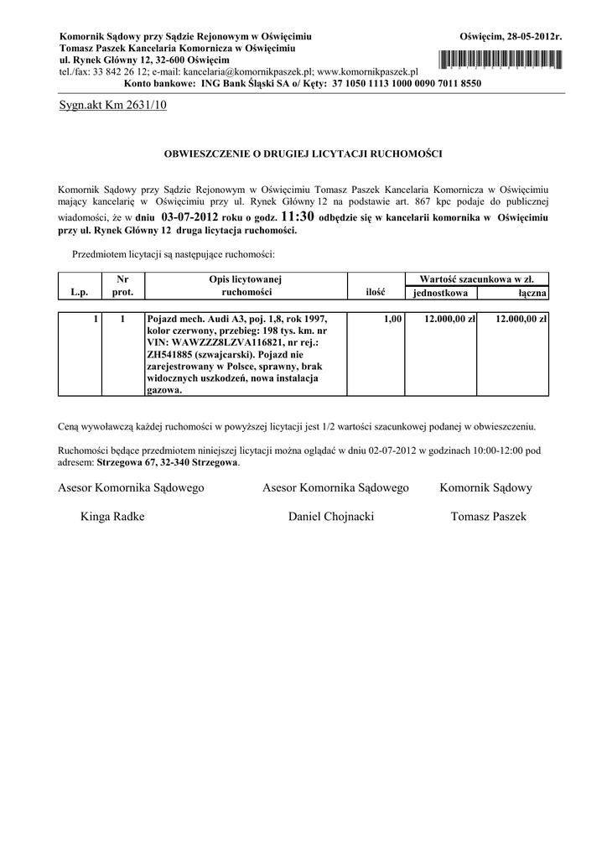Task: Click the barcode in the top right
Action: coord(499,59)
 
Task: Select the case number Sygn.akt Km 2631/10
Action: coord(113,106)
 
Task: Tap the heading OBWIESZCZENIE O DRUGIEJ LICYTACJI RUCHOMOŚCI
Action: coord(303,154)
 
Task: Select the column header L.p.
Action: coord(79,293)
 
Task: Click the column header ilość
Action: coord(375,293)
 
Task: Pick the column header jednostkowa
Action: coord(440,293)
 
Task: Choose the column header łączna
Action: coord(532,293)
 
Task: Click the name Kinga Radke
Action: coord(112,517)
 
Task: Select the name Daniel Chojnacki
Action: coord(330,517)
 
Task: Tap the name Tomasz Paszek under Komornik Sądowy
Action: coord(488,517)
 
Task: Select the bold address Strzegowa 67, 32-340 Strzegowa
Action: coord(168,462)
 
